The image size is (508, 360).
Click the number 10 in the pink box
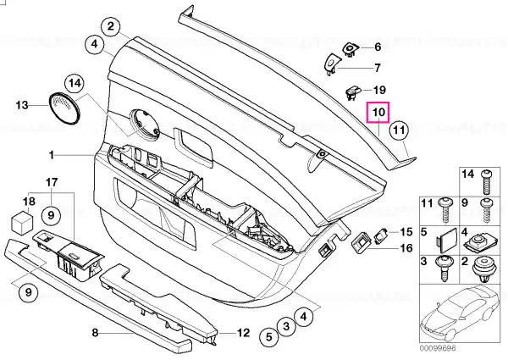[x=378, y=113]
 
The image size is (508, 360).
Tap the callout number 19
[x=379, y=90]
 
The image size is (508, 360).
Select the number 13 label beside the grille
[x=22, y=105]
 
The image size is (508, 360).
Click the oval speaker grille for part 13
[x=64, y=108]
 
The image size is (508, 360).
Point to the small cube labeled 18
[x=22, y=221]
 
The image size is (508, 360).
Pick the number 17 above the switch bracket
[x=52, y=182]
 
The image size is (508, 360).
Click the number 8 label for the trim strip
[x=95, y=332]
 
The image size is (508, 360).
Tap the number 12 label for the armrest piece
[x=243, y=333]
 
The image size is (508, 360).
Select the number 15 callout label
[x=406, y=232]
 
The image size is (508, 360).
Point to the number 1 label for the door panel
[x=51, y=155]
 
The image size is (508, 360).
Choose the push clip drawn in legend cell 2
[x=483, y=269]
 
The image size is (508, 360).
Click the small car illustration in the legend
[x=460, y=313]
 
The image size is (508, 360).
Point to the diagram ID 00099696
[x=438, y=348]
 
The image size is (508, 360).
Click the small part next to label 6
[x=351, y=49]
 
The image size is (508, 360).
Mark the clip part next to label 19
[x=353, y=91]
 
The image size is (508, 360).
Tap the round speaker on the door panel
[x=145, y=125]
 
